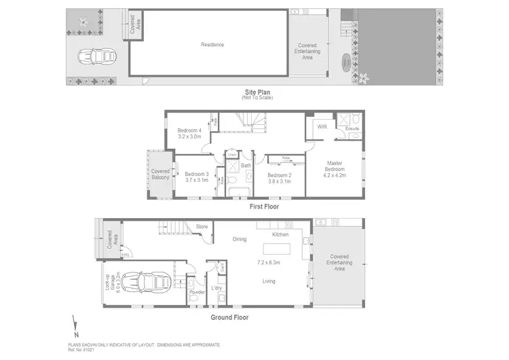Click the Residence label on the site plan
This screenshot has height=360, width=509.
212,45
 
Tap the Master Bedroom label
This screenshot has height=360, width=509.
334,167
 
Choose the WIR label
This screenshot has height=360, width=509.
322,126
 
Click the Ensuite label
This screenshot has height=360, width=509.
352,128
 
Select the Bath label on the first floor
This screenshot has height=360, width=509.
246,165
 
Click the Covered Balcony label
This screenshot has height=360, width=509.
160,175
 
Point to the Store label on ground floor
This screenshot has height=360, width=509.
202,227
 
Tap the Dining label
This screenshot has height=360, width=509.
240,238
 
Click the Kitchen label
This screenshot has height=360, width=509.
281,234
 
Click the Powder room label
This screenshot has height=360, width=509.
197,293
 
